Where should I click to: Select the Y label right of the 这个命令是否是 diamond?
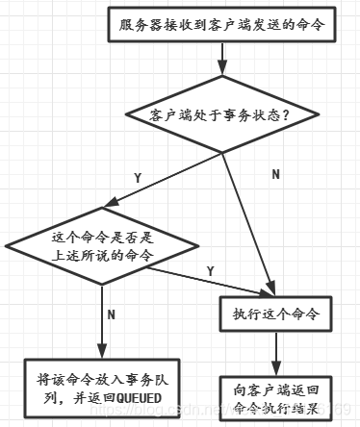[x=210, y=271]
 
